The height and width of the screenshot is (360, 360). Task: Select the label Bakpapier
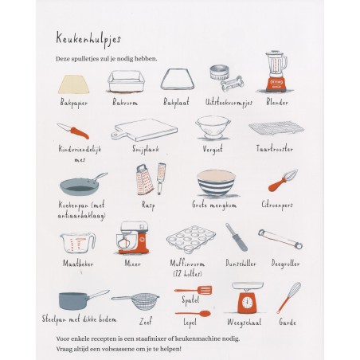click(76, 103)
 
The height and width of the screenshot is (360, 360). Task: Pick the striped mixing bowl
click(216, 183)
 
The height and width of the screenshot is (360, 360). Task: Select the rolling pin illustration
click(278, 241)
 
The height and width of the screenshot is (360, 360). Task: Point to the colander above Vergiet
click(212, 128)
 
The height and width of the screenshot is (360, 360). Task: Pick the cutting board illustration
click(143, 129)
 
